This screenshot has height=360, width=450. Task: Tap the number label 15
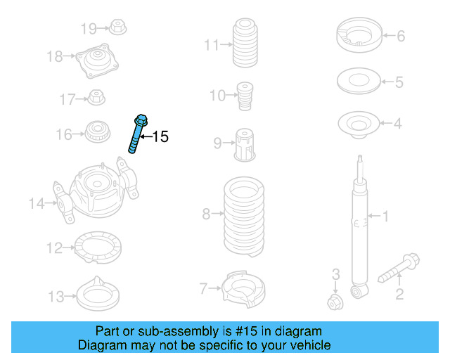pyautogui.click(x=161, y=137)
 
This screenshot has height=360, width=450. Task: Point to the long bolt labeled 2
pyautogui.click(x=398, y=269)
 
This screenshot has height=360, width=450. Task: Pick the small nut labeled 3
pyautogui.click(x=335, y=302)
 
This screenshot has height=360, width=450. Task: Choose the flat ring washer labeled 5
pyautogui.click(x=360, y=82)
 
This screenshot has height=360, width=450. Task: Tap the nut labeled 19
pyautogui.click(x=117, y=29)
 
